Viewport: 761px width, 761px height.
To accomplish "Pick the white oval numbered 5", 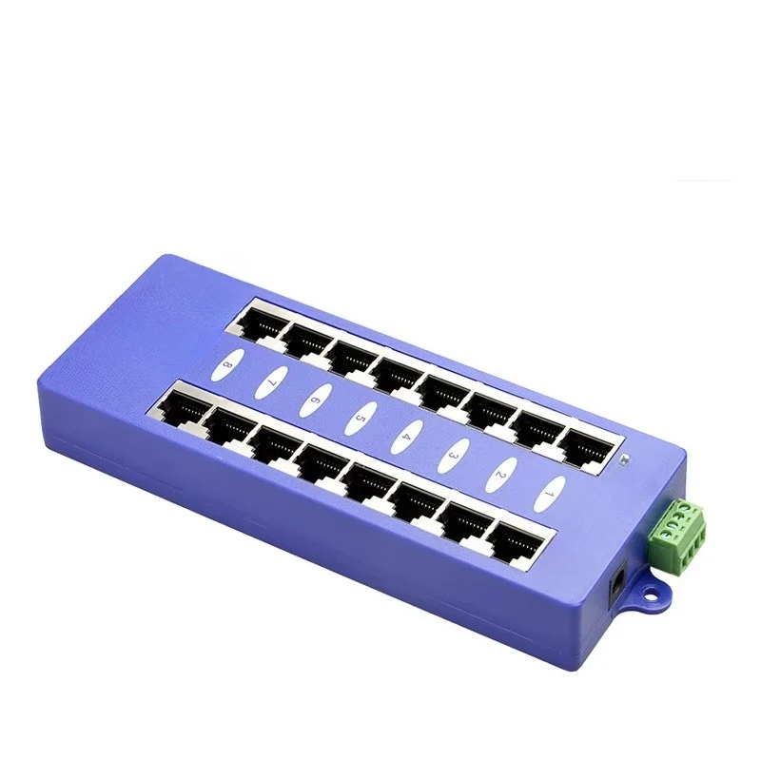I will click(x=361, y=416).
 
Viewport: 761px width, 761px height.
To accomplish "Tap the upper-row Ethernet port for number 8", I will click(x=259, y=321).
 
